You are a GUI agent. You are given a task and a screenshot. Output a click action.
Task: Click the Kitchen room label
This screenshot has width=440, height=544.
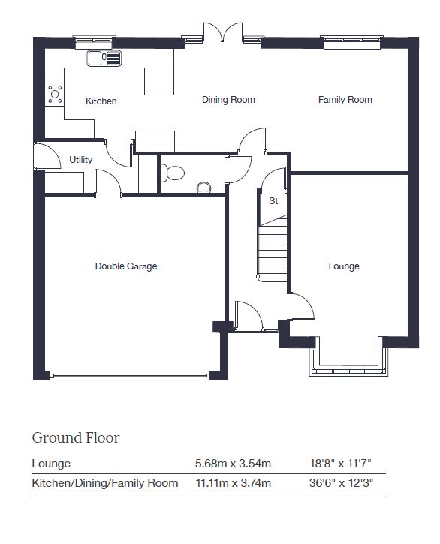tap(101, 101)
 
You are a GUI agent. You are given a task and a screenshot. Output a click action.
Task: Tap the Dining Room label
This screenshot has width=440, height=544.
tap(228, 100)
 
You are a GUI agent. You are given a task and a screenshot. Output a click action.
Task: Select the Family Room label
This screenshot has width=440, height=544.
tap(345, 100)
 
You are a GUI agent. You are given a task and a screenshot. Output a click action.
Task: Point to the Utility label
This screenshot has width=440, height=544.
tap(81, 160)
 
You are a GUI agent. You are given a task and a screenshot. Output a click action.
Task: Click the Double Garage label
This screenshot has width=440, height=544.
tap(126, 266)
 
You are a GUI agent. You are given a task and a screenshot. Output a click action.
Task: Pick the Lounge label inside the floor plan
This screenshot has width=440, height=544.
tap(344, 266)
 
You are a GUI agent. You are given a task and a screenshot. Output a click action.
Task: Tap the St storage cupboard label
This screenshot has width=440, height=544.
tap(273, 200)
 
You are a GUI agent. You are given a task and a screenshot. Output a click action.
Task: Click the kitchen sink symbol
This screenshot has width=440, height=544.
tap(104, 58)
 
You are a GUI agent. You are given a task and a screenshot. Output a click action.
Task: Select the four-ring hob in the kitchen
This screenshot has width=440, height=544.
tap(55, 94)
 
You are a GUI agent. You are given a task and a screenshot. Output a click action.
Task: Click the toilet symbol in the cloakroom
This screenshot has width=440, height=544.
tap(172, 173)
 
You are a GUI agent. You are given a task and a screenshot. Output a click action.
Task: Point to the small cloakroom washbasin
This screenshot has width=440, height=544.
tap(203, 188)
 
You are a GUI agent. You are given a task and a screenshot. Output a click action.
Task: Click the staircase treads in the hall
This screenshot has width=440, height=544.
tap(273, 250)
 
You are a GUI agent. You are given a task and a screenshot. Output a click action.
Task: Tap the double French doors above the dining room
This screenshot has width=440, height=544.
tap(222, 32)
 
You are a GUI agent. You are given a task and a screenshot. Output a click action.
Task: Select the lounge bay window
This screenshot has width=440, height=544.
tap(348, 357)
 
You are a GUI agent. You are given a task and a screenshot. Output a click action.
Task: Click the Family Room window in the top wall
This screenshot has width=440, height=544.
tap(353, 42)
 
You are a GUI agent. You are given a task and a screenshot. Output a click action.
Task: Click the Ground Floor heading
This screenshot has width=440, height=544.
tap(76, 438)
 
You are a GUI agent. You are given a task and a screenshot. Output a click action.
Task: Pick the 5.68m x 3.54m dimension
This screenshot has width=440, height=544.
tap(233, 464)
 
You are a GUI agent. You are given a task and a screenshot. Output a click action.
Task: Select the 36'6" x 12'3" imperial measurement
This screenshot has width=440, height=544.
tap(341, 483)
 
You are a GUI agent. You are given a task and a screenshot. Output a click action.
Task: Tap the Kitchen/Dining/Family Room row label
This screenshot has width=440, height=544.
tap(105, 483)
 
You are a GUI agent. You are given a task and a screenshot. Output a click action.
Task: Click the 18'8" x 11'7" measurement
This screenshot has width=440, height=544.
tap(340, 464)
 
